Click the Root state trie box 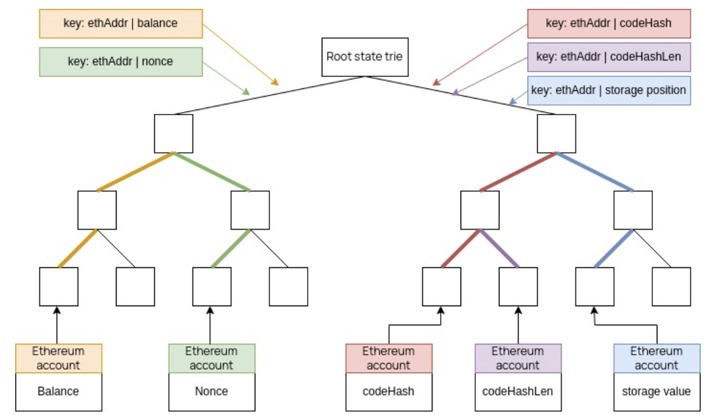click(364, 57)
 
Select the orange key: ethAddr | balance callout click(121, 24)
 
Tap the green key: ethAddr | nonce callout click(121, 62)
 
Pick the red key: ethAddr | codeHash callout click(608, 24)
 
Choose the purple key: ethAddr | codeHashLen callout click(608, 57)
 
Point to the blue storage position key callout click(608, 90)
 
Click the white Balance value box click(59, 391)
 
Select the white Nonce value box click(211, 391)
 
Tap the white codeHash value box click(389, 391)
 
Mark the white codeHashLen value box click(518, 391)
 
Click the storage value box click(656, 391)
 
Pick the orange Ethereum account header click(59, 358)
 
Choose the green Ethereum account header click(211, 358)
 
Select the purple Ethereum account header click(518, 358)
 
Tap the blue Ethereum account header click(656, 358)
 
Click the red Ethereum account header click(389, 358)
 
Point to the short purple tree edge click(499, 248)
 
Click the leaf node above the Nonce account click(211, 286)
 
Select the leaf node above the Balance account click(59, 286)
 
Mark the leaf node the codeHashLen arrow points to click(518, 286)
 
